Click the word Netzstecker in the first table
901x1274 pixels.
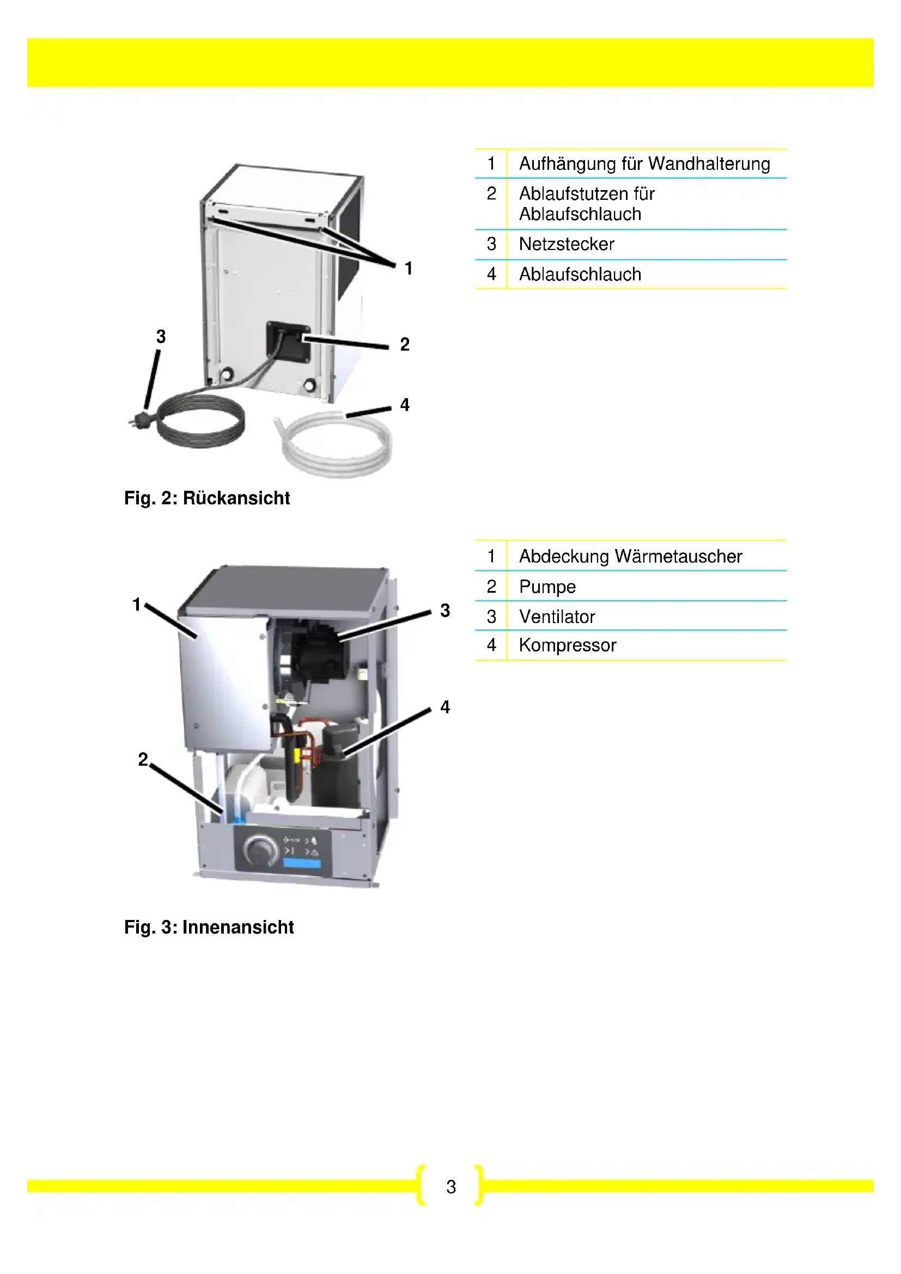[x=567, y=244]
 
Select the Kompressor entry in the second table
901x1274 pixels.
[x=567, y=645]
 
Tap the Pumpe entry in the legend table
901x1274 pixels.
[x=547, y=587]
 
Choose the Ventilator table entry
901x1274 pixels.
[x=557, y=617]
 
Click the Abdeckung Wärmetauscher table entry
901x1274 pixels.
[x=630, y=556]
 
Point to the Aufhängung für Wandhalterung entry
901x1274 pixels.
[x=644, y=164]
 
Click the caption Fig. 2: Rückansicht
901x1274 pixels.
[x=207, y=498]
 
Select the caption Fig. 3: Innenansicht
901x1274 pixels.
[x=209, y=927]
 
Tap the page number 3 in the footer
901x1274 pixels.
[x=451, y=1187]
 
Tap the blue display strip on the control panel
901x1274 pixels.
[x=302, y=864]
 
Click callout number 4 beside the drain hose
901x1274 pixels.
[x=405, y=405]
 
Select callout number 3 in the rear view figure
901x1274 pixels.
[x=161, y=336]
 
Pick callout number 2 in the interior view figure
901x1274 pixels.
[x=143, y=759]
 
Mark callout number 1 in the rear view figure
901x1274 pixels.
[x=409, y=269]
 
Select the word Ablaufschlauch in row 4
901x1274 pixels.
[x=580, y=274]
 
